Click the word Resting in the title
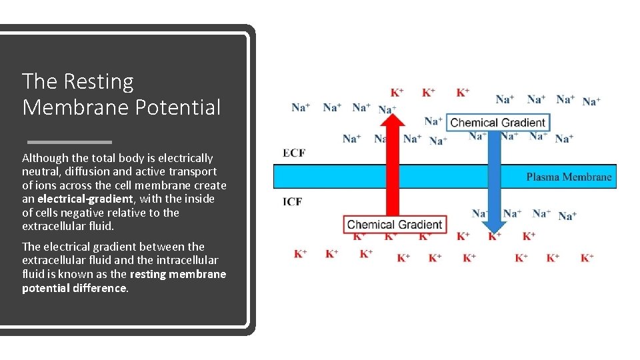tap(99, 82)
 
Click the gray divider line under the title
tap(69, 142)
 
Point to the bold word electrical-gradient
tap(85, 199)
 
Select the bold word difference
tap(99, 288)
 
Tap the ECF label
tap(294, 153)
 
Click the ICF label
tap(293, 201)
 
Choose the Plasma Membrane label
tap(569, 177)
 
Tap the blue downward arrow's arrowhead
tap(494, 222)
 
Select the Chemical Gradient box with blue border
tap(497, 122)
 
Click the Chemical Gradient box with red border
tap(395, 225)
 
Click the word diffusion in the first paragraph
tap(90, 171)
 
